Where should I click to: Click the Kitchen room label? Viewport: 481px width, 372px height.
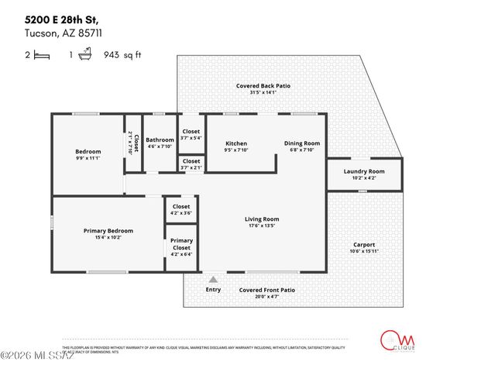(x=236, y=143)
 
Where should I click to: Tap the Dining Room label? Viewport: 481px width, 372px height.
(x=301, y=143)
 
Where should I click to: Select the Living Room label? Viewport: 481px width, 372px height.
(x=262, y=219)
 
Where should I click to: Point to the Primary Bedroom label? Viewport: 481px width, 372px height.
(x=108, y=231)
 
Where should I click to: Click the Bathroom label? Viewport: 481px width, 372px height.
(x=160, y=140)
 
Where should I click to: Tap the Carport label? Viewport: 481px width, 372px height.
(x=364, y=244)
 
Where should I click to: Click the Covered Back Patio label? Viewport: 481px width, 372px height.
(x=263, y=86)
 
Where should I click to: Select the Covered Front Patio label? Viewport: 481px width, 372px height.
(x=266, y=290)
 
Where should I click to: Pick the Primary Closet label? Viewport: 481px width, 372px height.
(x=181, y=245)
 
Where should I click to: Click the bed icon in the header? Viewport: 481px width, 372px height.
(x=42, y=55)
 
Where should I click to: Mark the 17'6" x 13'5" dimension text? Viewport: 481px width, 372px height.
(x=262, y=227)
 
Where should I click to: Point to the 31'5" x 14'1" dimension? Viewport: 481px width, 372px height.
(x=263, y=93)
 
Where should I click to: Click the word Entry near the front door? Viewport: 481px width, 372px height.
(x=213, y=290)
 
